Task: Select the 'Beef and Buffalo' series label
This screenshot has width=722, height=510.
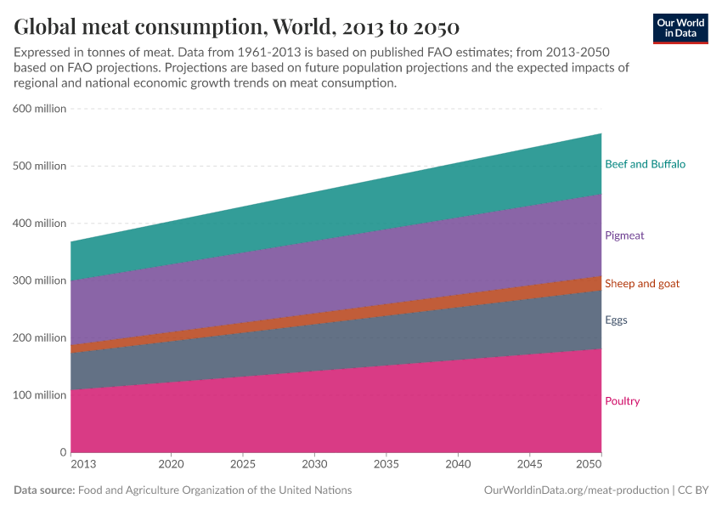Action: (x=645, y=164)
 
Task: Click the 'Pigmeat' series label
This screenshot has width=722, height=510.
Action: (x=624, y=235)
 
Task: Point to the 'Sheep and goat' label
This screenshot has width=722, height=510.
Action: (x=641, y=283)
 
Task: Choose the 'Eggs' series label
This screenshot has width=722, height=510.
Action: (x=616, y=320)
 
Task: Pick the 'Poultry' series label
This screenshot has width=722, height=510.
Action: (x=622, y=401)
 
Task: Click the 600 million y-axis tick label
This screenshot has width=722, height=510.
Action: (x=39, y=109)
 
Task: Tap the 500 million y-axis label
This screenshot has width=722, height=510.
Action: (x=39, y=166)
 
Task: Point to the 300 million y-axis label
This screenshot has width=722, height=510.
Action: (x=39, y=280)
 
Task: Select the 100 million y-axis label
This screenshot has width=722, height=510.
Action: (x=39, y=395)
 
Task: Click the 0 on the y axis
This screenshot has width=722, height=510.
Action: (x=63, y=452)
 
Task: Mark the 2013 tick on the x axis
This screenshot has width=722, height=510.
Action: (x=82, y=465)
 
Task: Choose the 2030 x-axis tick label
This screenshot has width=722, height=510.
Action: (x=314, y=465)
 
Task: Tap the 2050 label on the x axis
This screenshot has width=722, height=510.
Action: (x=589, y=465)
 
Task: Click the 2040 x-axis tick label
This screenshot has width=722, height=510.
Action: (x=458, y=465)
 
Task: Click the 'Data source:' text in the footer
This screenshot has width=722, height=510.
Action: (x=44, y=490)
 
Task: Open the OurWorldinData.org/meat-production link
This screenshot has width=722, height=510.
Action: (x=575, y=490)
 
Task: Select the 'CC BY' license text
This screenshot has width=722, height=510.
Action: (x=694, y=490)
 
